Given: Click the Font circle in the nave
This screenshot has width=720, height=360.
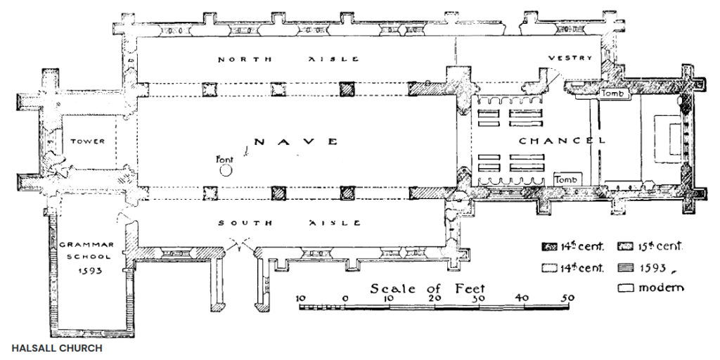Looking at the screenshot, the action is tap(226, 171).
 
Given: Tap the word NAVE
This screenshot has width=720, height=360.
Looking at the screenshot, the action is tap(296, 141).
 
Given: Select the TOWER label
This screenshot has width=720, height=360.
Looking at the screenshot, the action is tap(87, 141).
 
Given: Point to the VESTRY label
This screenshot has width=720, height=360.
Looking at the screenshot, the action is tap(570, 58).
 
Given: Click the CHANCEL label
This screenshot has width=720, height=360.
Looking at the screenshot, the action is tap(562, 141).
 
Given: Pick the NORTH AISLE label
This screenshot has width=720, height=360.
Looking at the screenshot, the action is tap(288, 59).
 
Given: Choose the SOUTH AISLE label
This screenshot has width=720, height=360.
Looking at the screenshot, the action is tap(289, 223).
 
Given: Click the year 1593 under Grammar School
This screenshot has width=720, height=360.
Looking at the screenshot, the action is tap(90, 271).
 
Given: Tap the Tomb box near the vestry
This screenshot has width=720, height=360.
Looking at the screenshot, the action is tap(615, 94).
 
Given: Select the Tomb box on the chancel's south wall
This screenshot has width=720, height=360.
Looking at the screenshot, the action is tap(568, 179).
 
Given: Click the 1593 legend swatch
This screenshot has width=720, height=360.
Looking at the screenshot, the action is tap(626, 267).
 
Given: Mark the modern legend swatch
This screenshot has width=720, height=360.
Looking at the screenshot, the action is tap(626, 288).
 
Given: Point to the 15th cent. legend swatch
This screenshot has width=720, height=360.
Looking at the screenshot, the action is tap(626, 247).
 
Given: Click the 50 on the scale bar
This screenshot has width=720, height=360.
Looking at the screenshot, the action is tap(568, 298).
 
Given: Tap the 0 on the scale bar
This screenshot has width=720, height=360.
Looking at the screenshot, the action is tap(345, 298).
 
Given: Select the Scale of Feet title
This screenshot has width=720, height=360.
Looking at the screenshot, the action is tap(427, 288).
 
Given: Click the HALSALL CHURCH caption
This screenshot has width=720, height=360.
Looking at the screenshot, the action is tap(57, 348).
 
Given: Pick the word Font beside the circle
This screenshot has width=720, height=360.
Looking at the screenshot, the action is tap(224, 160).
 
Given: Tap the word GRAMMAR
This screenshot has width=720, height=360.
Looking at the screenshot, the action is tap(86, 245).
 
